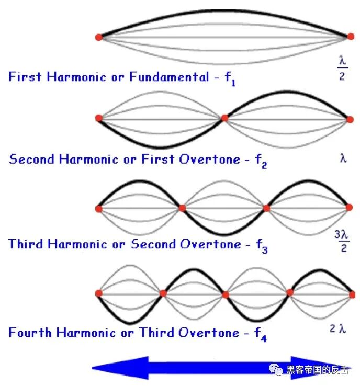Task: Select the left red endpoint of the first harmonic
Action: click(x=98, y=37)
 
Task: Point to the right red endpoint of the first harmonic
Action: click(x=350, y=37)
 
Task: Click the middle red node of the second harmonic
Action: click(x=224, y=118)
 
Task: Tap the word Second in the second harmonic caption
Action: click(x=32, y=159)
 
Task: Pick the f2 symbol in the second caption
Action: click(x=261, y=162)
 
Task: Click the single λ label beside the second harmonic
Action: click(x=343, y=157)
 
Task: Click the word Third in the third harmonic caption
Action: click(x=26, y=244)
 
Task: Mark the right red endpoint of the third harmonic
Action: click(x=350, y=208)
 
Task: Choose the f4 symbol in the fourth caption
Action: click(x=261, y=335)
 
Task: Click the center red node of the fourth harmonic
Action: click(x=225, y=294)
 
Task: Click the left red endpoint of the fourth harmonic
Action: click(x=98, y=293)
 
